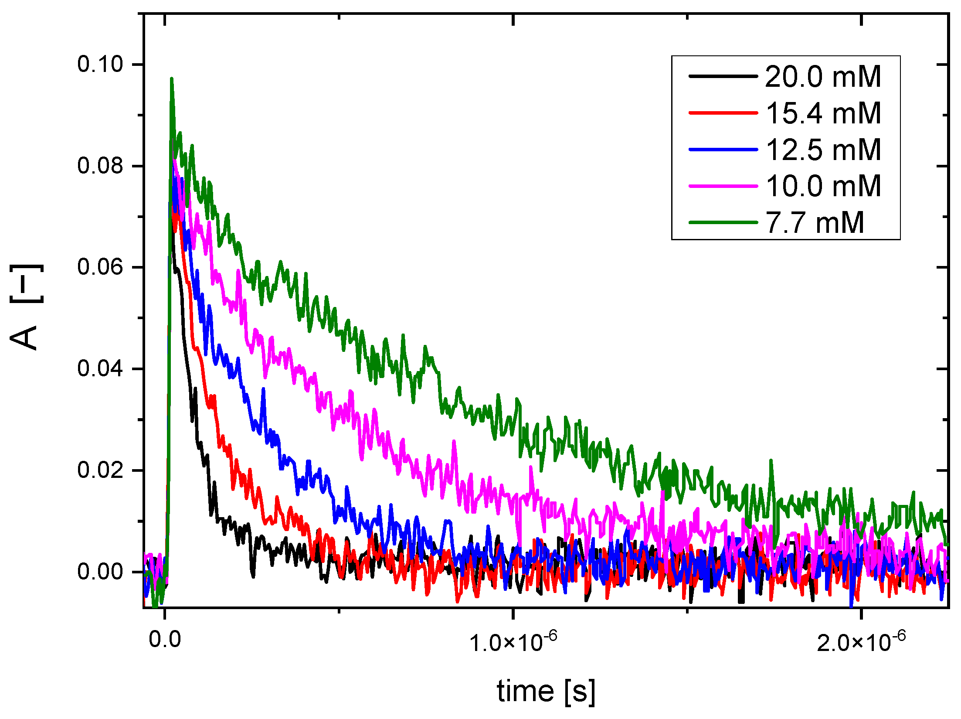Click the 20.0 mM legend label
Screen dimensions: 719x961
click(x=823, y=77)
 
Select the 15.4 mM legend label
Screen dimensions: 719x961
click(x=823, y=113)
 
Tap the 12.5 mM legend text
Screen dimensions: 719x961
click(x=823, y=150)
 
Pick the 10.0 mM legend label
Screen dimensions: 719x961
click(x=823, y=186)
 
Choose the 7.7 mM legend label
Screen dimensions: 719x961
click(x=815, y=223)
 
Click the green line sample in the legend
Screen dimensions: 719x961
click(x=723, y=222)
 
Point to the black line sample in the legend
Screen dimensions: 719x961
click(x=723, y=76)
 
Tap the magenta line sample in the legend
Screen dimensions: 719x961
click(x=723, y=186)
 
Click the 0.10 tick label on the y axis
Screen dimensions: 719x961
click(x=100, y=64)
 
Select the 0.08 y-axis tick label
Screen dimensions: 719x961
click(x=100, y=166)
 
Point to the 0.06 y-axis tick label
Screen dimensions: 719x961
click(x=100, y=267)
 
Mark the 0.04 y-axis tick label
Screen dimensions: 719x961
click(x=100, y=368)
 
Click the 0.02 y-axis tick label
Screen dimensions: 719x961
click(x=100, y=470)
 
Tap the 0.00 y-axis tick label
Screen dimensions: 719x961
click(x=100, y=572)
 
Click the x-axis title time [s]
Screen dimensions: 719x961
click(x=546, y=692)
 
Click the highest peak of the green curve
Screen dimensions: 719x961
click(x=172, y=79)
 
